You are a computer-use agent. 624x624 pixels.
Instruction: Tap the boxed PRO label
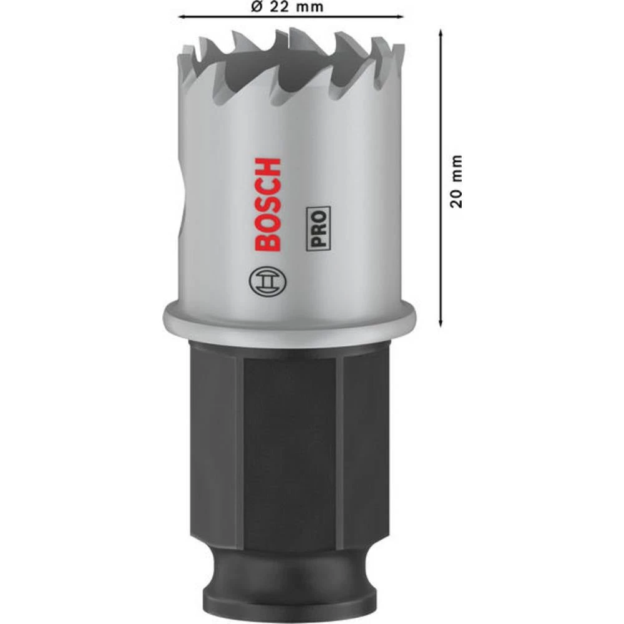[x=318, y=228]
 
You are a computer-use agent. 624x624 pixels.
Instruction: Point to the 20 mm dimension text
[x=457, y=181]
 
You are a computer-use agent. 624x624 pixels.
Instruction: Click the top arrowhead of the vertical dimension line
[x=441, y=32]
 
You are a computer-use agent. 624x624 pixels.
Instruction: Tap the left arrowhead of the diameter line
[x=182, y=16]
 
